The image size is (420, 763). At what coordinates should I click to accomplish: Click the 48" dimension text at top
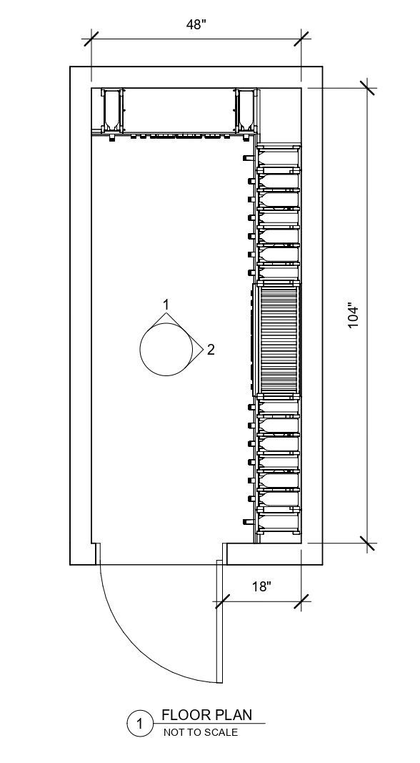(196, 24)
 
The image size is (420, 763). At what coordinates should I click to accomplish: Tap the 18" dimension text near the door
(262, 586)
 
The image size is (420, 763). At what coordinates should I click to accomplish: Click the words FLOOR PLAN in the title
(207, 714)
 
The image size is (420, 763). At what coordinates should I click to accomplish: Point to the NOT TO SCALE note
(201, 732)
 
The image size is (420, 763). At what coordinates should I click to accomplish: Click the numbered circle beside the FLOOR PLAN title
(140, 725)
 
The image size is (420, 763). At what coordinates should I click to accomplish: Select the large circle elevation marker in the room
(166, 349)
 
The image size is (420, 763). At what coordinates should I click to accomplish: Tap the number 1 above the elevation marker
(166, 305)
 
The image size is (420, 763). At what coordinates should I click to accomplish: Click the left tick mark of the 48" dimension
(91, 38)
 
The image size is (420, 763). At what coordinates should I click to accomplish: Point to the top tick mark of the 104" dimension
(368, 88)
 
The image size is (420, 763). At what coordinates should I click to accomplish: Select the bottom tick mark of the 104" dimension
(368, 543)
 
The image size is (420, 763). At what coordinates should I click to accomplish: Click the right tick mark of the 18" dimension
(301, 602)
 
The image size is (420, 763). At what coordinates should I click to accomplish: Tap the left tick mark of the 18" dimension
(221, 602)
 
